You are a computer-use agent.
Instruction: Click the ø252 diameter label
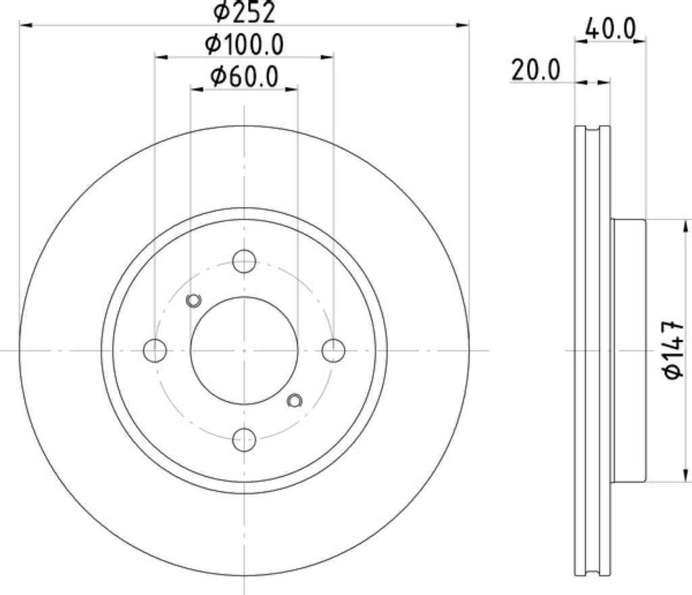pos(244,12)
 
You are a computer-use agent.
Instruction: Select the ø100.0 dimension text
pos(244,45)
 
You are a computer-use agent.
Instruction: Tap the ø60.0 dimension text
pos(244,76)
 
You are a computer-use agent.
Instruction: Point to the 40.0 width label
pos(610,29)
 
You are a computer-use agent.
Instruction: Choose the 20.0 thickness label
pos(536,70)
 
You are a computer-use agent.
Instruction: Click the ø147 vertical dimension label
pos(674,350)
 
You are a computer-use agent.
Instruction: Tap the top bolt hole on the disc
pos(244,261)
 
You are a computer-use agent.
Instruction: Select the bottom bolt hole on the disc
pos(244,439)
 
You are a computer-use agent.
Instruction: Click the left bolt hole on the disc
pos(155,350)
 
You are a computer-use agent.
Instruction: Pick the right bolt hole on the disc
pos(333,350)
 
